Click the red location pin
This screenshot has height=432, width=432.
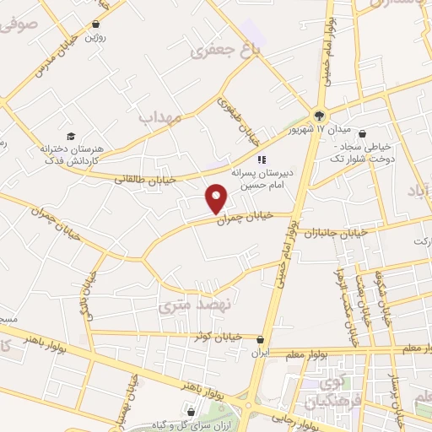click(x=217, y=197)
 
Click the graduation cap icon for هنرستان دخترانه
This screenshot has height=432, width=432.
click(x=71, y=136)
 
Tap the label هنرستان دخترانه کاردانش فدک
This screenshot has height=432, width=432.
click(x=71, y=153)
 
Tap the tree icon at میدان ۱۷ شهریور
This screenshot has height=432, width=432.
click(x=320, y=116)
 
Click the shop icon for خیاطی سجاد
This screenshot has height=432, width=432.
click(x=362, y=132)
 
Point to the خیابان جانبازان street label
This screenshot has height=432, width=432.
click(x=336, y=231)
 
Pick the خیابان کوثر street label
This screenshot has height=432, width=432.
click(x=217, y=337)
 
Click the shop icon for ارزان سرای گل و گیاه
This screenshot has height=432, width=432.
click(x=191, y=412)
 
